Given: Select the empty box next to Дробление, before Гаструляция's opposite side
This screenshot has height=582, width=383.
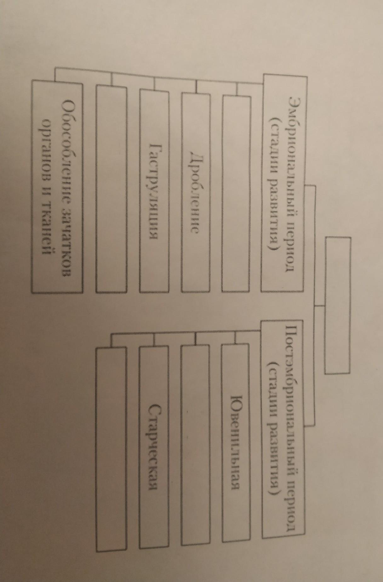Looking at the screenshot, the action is (236, 194).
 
